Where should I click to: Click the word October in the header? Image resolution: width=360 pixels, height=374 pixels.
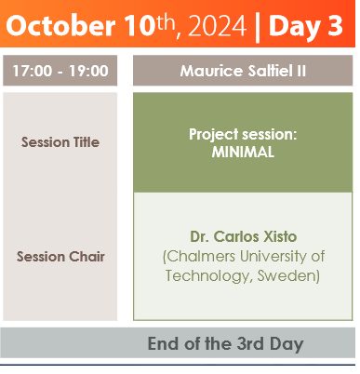point(60,26)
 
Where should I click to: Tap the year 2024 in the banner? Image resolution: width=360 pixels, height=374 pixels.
point(217,26)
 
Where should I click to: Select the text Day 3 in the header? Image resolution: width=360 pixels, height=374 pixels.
point(306,26)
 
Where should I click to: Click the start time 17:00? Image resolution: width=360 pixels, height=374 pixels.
point(33,71)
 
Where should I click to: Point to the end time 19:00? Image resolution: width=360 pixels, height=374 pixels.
point(88,71)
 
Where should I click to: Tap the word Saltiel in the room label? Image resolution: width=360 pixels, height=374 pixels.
point(268,71)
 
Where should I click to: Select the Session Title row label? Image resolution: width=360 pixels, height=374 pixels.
point(60,142)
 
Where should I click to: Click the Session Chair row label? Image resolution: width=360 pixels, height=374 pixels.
point(60,257)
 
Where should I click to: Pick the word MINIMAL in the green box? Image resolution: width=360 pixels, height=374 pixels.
point(243,152)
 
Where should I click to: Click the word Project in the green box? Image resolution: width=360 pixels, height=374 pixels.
point(214,135)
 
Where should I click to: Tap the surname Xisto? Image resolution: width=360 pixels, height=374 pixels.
point(280,236)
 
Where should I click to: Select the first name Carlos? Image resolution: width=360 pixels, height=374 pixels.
point(236,236)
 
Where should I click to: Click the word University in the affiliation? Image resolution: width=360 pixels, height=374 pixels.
point(273,257)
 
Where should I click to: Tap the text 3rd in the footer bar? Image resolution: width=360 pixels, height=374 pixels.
point(250,343)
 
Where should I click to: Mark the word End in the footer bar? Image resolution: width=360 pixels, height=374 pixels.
point(162,343)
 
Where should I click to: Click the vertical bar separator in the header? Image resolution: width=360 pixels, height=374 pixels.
point(258,27)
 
